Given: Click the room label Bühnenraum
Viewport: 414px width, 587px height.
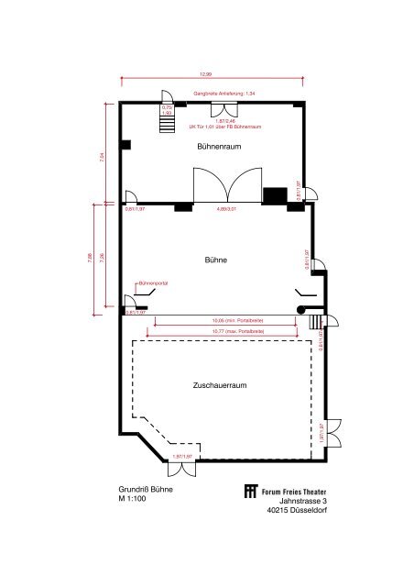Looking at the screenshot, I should point(219,147).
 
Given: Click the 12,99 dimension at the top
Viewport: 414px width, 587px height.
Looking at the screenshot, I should point(205,73).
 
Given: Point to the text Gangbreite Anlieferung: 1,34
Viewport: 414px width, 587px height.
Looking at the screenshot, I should point(223,94).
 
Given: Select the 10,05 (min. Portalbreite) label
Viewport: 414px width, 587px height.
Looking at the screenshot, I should point(225,320).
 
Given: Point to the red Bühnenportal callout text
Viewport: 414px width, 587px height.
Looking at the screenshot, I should point(152,284).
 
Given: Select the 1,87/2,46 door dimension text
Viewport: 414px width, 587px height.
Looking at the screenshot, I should point(225,121).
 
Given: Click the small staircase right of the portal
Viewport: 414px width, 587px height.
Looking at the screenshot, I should point(316,322).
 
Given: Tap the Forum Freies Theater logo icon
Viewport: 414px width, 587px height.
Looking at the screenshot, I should point(251,492).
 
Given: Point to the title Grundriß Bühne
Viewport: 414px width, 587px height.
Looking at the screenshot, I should point(145,490).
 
